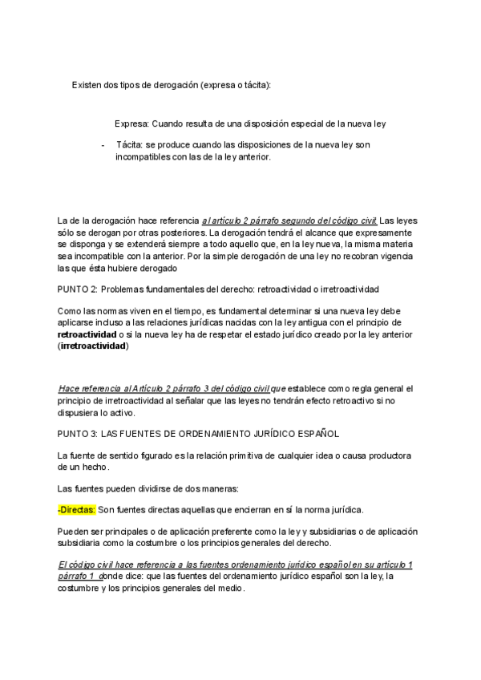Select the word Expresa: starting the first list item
pyautogui.click(x=132, y=124)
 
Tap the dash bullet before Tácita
pyautogui.click(x=103, y=145)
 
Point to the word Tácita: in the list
pyautogui.click(x=132, y=145)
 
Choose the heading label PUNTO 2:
pyautogui.click(x=79, y=289)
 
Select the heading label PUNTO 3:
pyautogui.click(x=79, y=434)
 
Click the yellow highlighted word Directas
pyautogui.click(x=79, y=510)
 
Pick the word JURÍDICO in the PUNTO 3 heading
pyautogui.click(x=265, y=434)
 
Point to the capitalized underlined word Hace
pyautogui.click(x=70, y=389)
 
